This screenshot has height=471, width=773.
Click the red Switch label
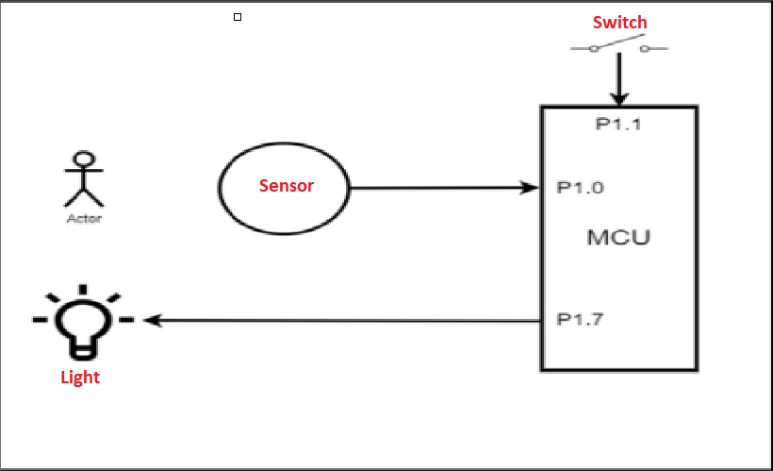pos(619,22)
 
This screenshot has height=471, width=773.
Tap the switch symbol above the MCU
pos(619,45)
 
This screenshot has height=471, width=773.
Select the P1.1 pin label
pos(618,124)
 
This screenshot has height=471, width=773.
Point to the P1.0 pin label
pos(580,187)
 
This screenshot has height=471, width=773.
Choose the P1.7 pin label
pos(580,319)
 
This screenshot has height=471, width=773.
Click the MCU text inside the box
pos(618,236)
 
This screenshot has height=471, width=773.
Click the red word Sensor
pos(287,186)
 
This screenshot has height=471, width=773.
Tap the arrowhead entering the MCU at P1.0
pos(530,188)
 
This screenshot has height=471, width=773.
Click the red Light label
pos(80,378)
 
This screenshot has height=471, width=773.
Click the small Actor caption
pos(84,218)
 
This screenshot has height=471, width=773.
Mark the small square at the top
pos(237,17)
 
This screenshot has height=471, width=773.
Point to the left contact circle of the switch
pos(594,49)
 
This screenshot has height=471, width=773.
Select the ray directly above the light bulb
pos(83,289)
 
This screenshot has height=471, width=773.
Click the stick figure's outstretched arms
pos(84,173)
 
